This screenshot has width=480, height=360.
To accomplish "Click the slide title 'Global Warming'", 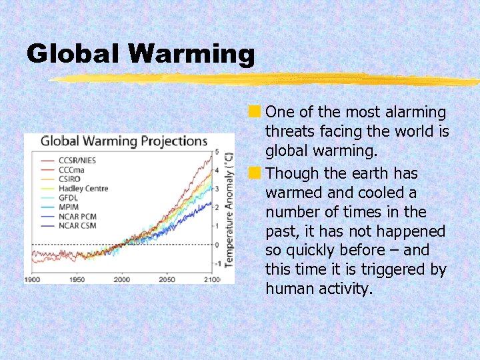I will click(141, 54).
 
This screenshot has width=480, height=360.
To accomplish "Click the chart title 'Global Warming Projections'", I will click(124, 141).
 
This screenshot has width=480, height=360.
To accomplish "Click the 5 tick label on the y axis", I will click(216, 153).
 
